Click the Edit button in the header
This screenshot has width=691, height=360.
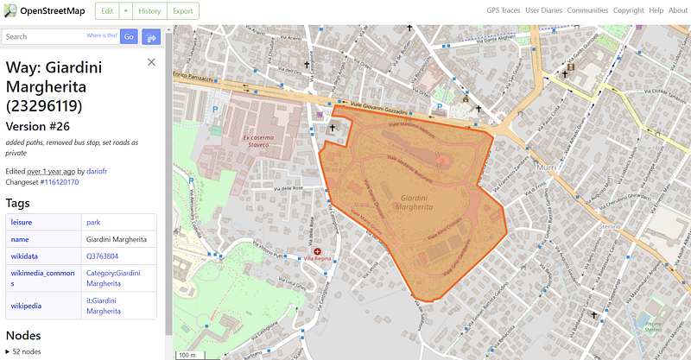(x=106, y=11)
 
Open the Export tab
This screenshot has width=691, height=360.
(x=181, y=11)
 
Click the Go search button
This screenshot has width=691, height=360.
(x=129, y=37)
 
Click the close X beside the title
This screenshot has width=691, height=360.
(x=152, y=62)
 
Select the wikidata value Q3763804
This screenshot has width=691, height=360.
(x=103, y=256)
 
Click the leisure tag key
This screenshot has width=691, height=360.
(x=21, y=223)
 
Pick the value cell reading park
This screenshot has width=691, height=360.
(x=93, y=223)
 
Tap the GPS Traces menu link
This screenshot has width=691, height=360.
(x=505, y=10)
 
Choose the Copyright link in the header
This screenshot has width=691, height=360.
(x=628, y=10)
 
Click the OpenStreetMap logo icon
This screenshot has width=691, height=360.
(x=10, y=11)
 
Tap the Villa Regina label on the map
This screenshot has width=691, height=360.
(x=319, y=258)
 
